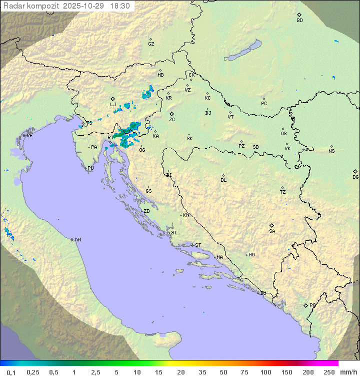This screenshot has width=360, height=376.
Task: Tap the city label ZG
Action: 172,120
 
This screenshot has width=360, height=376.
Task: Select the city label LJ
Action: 113,105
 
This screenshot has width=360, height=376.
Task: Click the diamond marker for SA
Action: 272,225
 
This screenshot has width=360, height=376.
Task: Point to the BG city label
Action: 355,177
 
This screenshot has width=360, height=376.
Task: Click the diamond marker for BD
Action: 299,15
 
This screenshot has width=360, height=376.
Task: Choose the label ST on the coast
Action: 198,245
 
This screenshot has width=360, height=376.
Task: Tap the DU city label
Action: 262,293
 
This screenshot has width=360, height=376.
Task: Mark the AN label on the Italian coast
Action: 77,240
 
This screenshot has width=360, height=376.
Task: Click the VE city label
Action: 29,136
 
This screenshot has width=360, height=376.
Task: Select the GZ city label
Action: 151,44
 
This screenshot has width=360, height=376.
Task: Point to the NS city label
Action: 331,151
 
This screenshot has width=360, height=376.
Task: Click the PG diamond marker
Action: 305,305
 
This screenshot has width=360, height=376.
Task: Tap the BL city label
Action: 223,180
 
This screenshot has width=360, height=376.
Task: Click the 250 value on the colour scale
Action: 329,372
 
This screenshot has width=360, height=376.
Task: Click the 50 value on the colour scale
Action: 223,372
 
